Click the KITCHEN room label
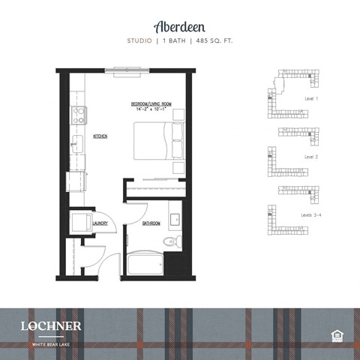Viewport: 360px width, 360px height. tap(100, 136)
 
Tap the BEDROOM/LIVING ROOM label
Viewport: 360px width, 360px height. tap(151, 103)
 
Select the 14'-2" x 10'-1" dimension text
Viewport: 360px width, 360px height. tap(151, 109)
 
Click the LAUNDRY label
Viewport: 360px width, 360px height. tap(100, 223)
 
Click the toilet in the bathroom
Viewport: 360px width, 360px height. tap(169, 241)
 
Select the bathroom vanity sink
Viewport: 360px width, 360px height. tap(175, 220)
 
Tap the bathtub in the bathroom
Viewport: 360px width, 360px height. tap(145, 264)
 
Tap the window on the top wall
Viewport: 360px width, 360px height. tap(127, 71)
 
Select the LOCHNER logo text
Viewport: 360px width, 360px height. tap(52, 326)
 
